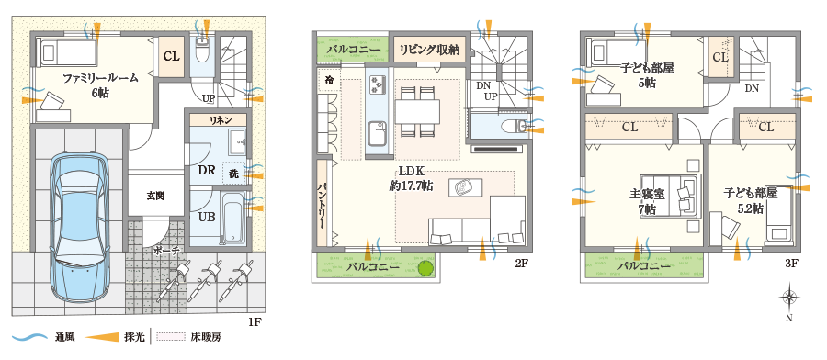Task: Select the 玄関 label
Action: [155, 195]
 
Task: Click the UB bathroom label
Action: [207, 218]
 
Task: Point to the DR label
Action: [207, 171]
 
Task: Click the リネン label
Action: [221, 120]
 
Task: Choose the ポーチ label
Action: [167, 249]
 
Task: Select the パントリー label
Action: [323, 203]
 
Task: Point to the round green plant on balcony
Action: [425, 268]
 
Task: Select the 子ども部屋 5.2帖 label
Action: [751, 201]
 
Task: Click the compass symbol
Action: [788, 298]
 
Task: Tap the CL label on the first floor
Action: [172, 56]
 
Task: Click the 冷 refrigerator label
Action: [329, 81]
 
